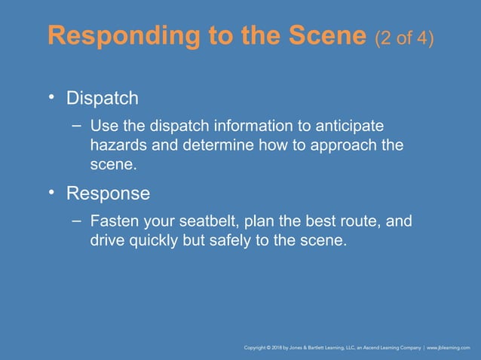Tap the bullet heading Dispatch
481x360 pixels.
(x=103, y=99)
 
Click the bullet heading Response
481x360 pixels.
(x=108, y=194)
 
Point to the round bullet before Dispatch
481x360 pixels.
(x=52, y=98)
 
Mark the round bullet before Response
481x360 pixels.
(x=52, y=193)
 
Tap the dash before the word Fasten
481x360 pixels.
(x=77, y=221)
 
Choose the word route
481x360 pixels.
(x=359, y=223)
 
